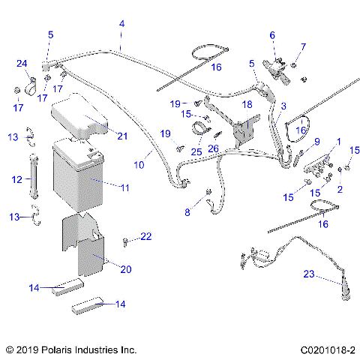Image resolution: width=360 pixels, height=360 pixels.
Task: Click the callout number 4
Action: pos(121,24)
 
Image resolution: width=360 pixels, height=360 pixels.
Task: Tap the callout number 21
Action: pos(122,135)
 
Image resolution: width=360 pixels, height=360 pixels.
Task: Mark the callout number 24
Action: pos(22,63)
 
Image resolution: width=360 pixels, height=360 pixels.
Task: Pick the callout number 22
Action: pos(145,237)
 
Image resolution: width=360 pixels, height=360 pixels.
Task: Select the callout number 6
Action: pos(272,34)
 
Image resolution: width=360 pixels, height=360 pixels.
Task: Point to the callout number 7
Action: pos(303,47)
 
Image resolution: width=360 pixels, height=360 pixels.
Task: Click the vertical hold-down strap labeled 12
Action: pos(32,178)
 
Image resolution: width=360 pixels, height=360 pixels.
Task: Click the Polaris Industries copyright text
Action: pos(70,349)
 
